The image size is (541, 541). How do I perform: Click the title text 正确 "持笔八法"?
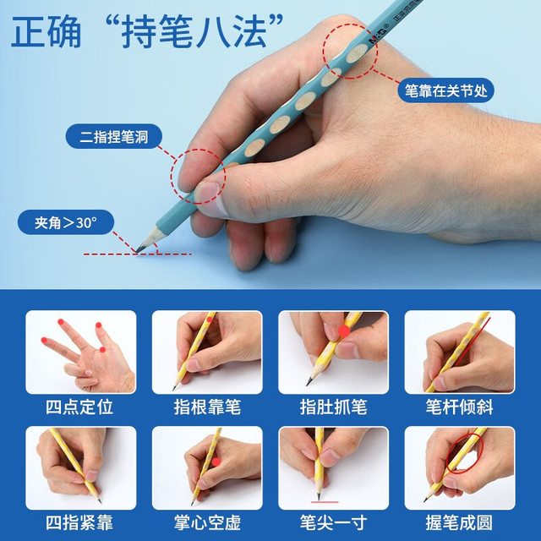coord(147,31)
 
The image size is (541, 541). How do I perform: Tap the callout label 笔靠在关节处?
coord(445,90)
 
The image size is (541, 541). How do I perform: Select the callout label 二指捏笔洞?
coord(114,137)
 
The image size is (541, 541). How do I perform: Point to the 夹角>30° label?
coord(66,222)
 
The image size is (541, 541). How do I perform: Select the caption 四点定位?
coord(79,407)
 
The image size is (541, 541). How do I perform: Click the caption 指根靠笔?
coord(207,407)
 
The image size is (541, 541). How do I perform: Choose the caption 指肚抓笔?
coord(333,407)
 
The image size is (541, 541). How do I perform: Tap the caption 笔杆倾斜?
coord(460,407)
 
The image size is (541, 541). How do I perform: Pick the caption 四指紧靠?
coord(79,522)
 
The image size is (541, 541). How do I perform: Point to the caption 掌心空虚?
coord(207,522)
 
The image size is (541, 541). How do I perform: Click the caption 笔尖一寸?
coord(333,522)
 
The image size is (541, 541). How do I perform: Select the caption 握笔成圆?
coord(460,522)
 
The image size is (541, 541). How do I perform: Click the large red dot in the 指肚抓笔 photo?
coord(344,331)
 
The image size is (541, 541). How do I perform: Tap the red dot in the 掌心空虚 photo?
coord(216,462)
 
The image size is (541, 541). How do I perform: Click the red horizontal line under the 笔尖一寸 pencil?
coord(325,502)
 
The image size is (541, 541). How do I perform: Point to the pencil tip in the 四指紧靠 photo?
coord(100,501)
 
